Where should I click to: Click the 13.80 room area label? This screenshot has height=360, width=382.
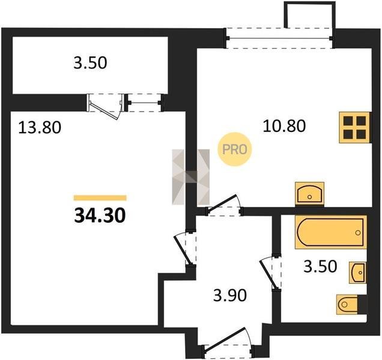[x=40, y=128]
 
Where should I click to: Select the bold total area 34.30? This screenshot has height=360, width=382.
[x=100, y=216]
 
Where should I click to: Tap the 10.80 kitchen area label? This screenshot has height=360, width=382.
[x=284, y=126]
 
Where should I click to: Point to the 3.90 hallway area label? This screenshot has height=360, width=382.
[x=230, y=295]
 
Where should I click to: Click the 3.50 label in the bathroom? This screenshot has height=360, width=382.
[x=320, y=266]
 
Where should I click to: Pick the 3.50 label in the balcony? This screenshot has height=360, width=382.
[x=90, y=62]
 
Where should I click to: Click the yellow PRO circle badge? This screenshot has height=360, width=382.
[x=235, y=149]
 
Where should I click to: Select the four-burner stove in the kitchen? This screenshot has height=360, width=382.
[x=355, y=127]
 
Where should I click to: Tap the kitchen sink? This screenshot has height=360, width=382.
[x=309, y=194]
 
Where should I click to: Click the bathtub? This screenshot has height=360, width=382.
[x=331, y=232]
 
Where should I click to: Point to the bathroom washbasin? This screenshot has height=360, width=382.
[x=357, y=272]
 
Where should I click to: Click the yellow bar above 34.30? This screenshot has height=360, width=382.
[x=100, y=197]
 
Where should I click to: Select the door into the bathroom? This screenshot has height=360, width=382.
[x=270, y=272]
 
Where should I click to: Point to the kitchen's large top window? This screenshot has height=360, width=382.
[x=279, y=38]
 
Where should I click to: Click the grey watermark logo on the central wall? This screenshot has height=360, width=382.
[x=191, y=177]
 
